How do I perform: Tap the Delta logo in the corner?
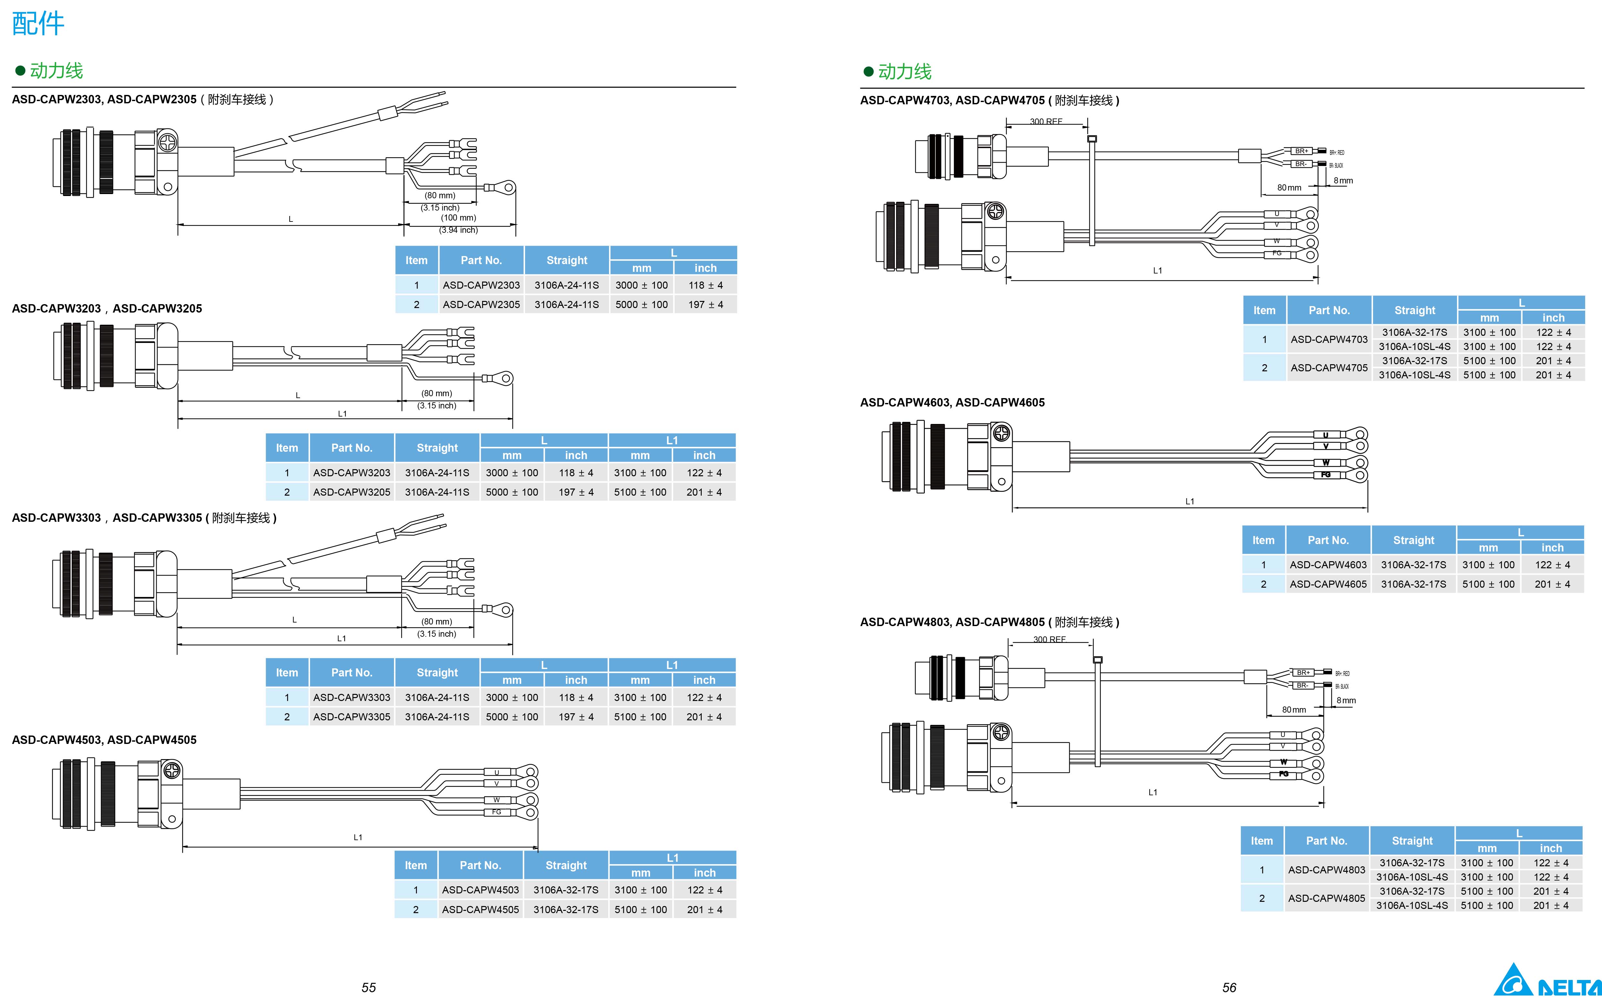(x=1546, y=981)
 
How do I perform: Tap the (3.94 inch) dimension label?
(x=459, y=230)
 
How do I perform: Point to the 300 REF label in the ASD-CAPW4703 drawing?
(x=1046, y=122)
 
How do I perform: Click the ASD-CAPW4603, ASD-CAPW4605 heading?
(x=952, y=402)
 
